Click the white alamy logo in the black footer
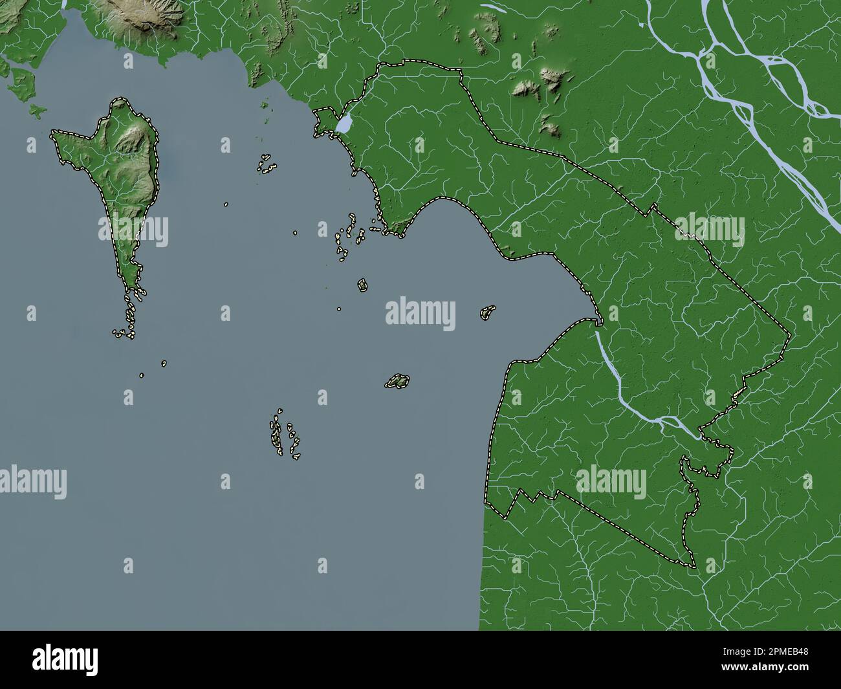point(65,660)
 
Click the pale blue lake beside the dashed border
point(345,122)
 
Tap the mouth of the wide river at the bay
point(598,323)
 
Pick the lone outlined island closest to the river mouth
point(488,312)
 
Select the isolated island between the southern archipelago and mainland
point(397,382)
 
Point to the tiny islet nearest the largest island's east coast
point(226,204)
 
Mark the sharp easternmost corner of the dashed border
point(790,336)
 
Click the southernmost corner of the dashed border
point(694,567)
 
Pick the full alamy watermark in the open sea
point(420,314)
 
